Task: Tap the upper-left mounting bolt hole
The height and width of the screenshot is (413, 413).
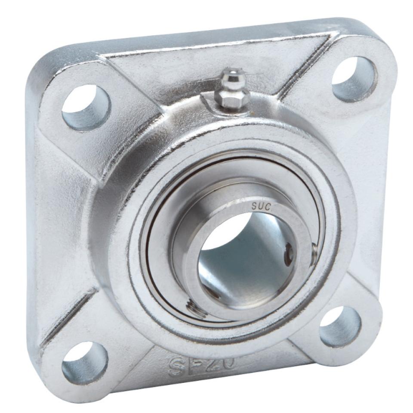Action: point(86,108)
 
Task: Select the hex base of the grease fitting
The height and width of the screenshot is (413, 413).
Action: point(232,101)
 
